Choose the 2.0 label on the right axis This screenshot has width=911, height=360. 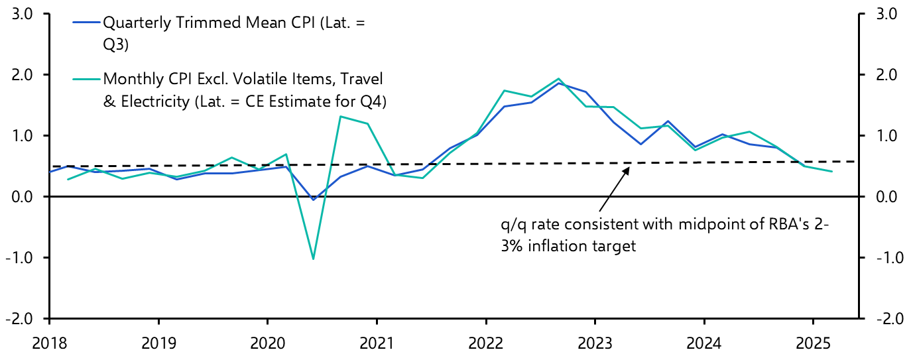[x=885, y=75]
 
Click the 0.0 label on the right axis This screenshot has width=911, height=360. [x=885, y=197]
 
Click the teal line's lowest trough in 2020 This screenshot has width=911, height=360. [x=313, y=259]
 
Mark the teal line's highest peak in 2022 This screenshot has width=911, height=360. [x=558, y=79]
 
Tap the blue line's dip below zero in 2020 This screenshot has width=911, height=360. [x=313, y=200]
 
